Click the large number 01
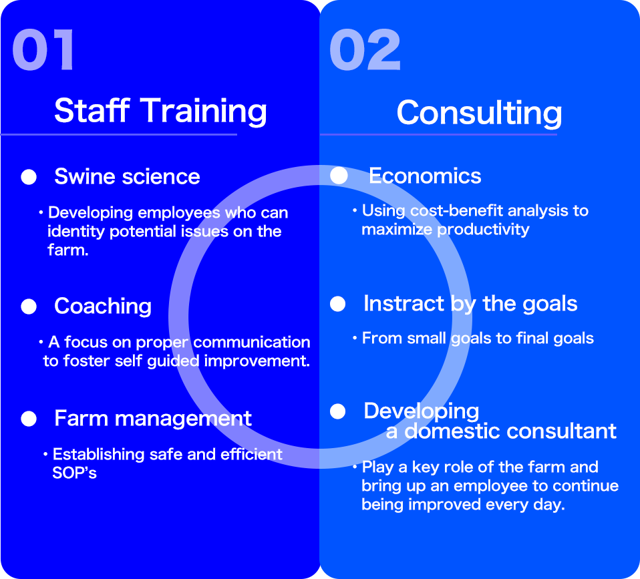point(43,50)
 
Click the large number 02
point(365,50)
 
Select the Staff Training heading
point(160,111)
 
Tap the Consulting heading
point(479,113)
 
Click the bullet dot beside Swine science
point(29,177)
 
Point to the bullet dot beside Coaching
point(29,307)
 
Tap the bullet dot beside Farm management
point(29,419)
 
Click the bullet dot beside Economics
point(339,176)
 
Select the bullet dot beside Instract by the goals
point(337,304)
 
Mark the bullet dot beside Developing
point(337,411)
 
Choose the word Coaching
point(103,307)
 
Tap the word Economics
point(425,176)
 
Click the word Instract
point(404,304)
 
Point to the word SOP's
point(74,473)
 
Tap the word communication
point(251,343)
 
